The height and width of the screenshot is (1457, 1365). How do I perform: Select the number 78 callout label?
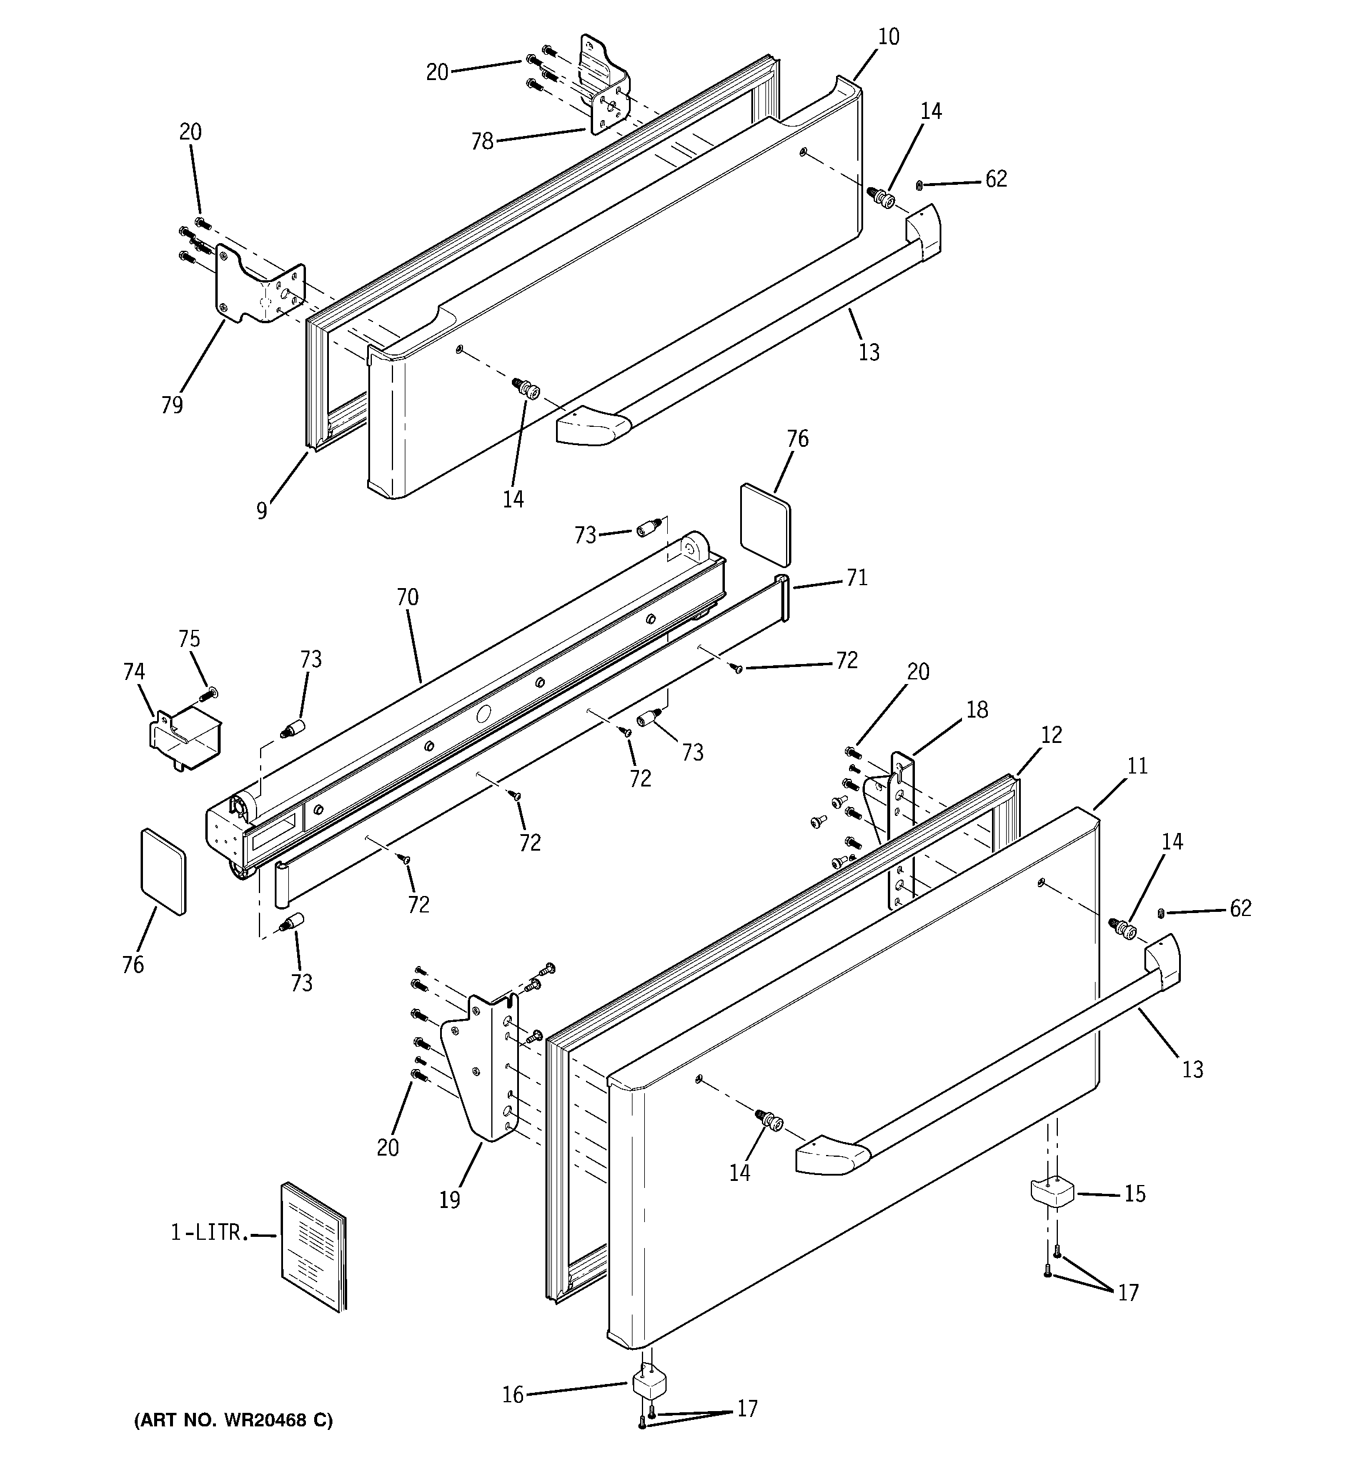point(482,141)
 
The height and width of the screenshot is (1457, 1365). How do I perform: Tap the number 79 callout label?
point(172,404)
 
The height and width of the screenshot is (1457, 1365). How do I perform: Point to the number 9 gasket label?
point(262,510)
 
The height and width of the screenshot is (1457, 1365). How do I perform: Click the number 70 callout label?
point(407,598)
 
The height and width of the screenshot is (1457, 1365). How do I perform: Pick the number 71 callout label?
point(857,578)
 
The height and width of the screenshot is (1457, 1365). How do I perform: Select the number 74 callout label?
point(134,671)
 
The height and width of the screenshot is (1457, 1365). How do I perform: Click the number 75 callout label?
point(189,639)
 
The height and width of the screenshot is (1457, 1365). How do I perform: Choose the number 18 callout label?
point(977,709)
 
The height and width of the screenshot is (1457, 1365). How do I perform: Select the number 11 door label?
point(1137,766)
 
